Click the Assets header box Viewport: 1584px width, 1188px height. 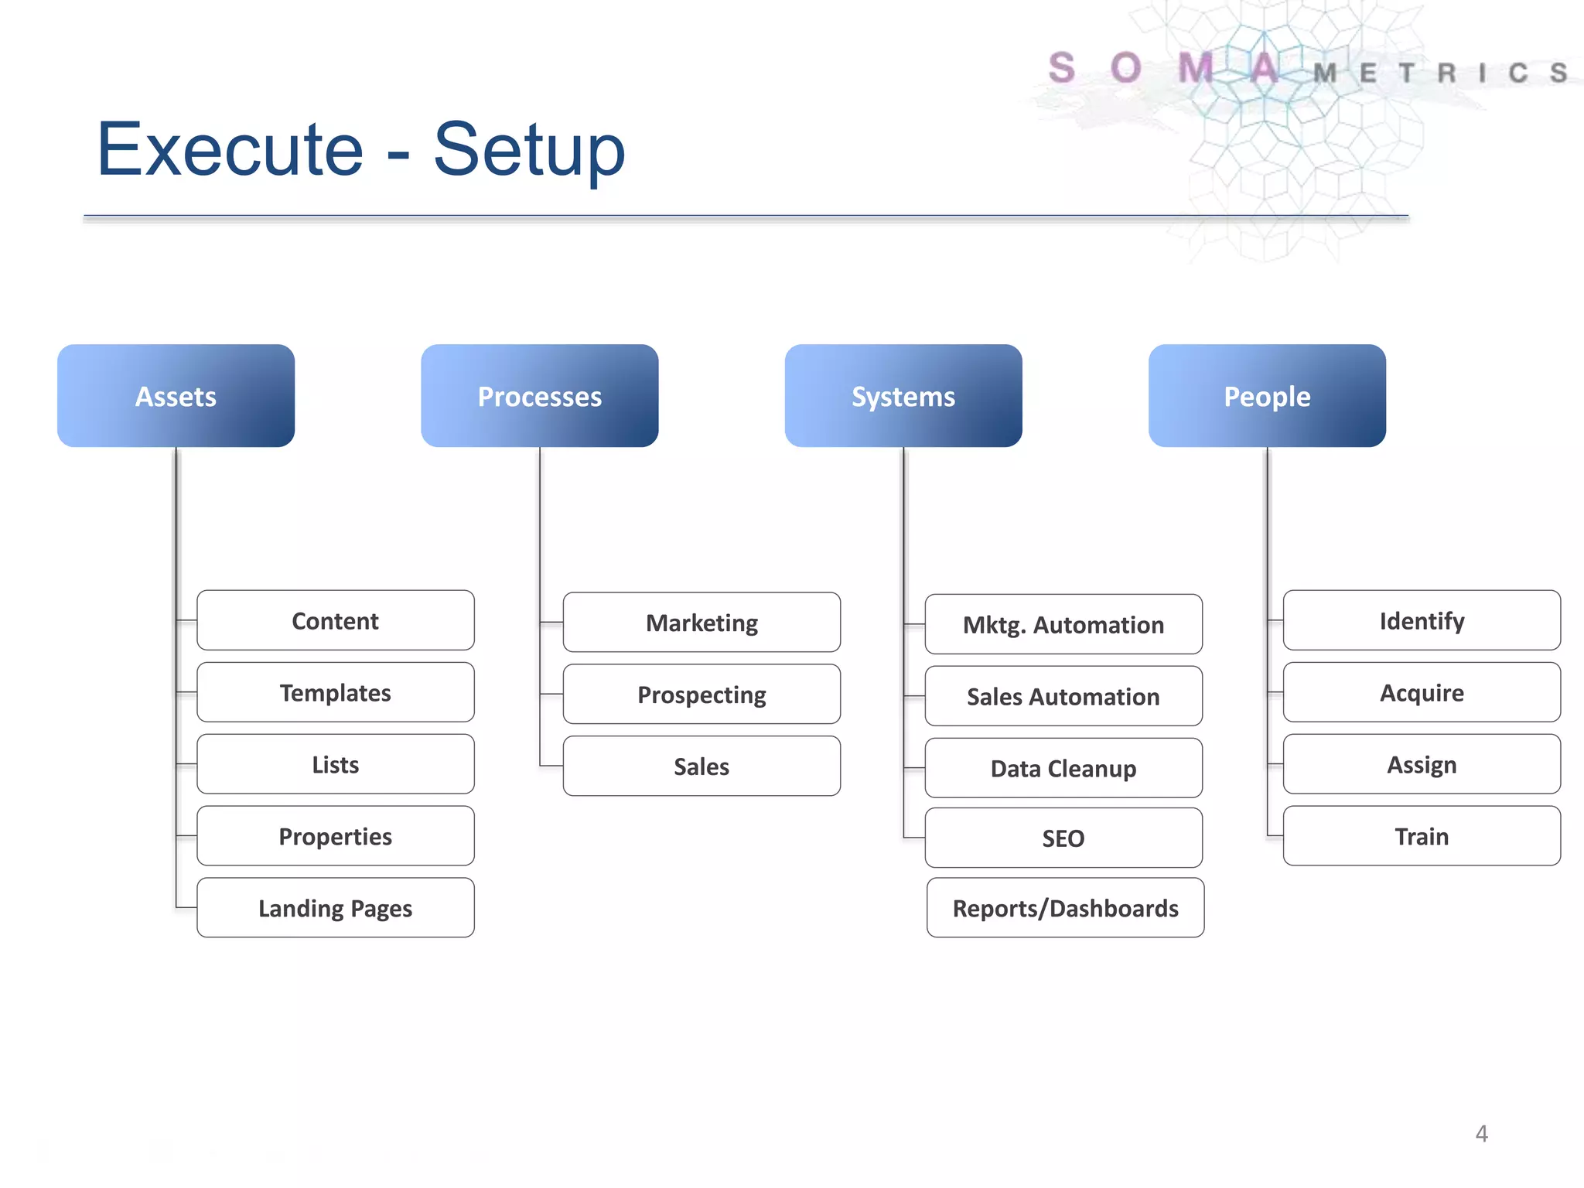click(176, 395)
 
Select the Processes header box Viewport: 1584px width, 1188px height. click(539, 395)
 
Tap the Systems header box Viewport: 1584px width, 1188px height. click(903, 395)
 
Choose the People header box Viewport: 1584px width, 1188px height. click(1266, 395)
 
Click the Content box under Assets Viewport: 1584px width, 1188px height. click(335, 620)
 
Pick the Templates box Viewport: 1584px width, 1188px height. click(335, 692)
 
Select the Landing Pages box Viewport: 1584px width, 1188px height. click(335, 907)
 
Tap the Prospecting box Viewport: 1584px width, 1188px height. click(702, 694)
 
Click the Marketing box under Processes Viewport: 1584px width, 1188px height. click(702, 622)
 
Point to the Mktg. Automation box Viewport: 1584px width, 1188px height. click(1063, 624)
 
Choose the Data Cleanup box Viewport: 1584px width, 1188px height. click(1063, 768)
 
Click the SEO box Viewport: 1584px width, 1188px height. click(1063, 838)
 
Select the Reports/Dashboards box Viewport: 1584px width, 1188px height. click(1065, 907)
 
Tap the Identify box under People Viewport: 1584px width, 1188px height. click(1421, 620)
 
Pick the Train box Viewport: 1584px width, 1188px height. click(1421, 835)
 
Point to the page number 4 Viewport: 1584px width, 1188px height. click(1481, 1133)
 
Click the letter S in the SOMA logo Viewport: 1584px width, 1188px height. click(1062, 68)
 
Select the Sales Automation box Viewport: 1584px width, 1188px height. click(1063, 696)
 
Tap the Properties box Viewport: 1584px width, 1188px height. click(335, 835)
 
